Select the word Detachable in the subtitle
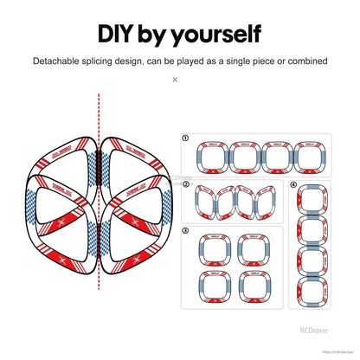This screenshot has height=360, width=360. (x=61, y=61)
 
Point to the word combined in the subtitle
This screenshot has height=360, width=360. (x=305, y=61)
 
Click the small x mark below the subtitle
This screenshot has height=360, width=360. (x=175, y=80)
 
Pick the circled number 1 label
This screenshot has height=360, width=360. (x=186, y=137)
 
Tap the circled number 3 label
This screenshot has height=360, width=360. (x=186, y=230)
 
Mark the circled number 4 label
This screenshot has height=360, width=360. (x=293, y=185)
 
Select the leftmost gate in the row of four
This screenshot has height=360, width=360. (x=213, y=158)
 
